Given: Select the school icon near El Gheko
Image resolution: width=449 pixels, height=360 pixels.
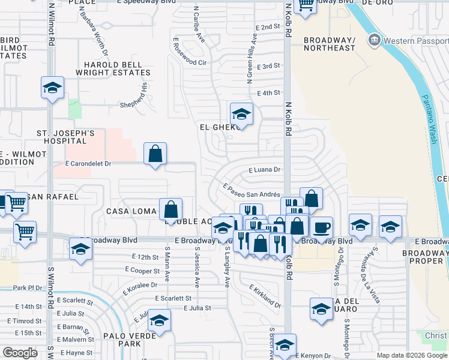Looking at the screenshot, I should click(x=241, y=113).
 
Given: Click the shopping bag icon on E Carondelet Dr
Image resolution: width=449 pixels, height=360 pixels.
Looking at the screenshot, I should click(x=155, y=154).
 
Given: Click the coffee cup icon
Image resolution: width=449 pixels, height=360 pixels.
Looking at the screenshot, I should click(x=321, y=227).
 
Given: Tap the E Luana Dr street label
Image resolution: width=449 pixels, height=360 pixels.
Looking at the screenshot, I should click(x=264, y=170).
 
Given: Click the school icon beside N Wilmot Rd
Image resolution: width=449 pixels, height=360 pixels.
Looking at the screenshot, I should click(x=52, y=88).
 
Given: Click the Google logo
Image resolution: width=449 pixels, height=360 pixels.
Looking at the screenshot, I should click(x=20, y=353).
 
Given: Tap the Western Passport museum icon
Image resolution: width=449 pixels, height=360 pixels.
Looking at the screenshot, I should click(x=375, y=40).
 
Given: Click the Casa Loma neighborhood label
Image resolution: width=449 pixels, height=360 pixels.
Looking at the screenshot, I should click(x=131, y=211).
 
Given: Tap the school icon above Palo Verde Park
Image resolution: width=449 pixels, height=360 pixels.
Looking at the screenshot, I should click(x=160, y=321).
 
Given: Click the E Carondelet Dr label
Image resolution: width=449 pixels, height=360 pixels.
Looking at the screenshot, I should click(x=88, y=163).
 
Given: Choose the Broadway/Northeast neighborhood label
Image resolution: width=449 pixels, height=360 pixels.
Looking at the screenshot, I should click(x=330, y=44).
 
